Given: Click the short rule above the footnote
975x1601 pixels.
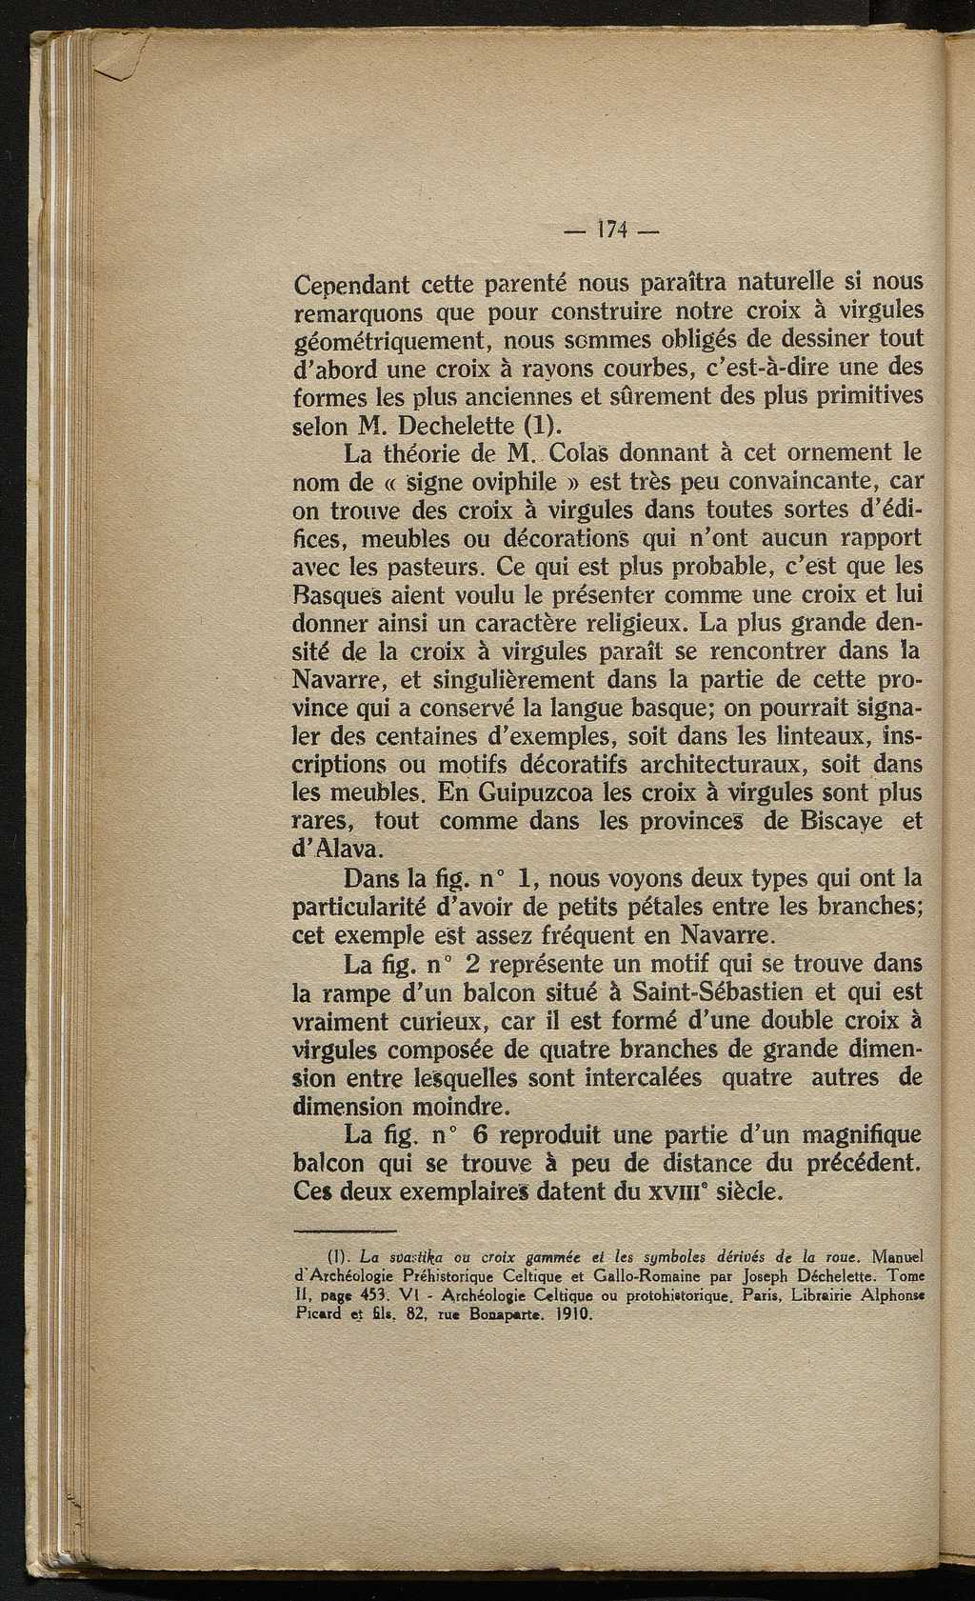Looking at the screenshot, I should coord(345,1231).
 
